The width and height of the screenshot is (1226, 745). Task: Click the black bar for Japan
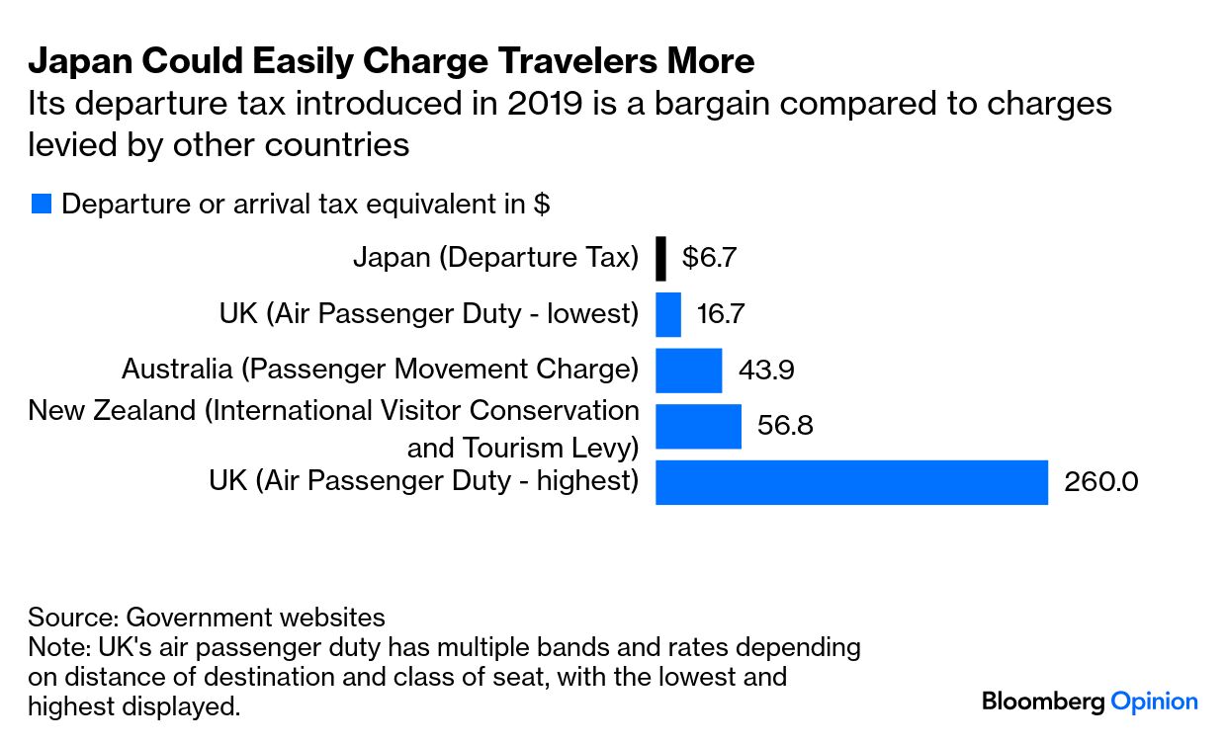tap(660, 259)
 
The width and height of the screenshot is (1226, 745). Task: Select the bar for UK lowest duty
tap(668, 314)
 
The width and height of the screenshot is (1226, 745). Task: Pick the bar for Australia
tap(688, 370)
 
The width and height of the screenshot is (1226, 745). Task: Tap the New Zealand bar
tap(698, 426)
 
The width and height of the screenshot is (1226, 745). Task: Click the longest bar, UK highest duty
tap(850, 481)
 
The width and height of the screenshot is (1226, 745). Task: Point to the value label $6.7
tap(709, 259)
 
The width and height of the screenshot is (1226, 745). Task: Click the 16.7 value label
tap(720, 314)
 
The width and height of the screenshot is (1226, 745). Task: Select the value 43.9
tap(766, 371)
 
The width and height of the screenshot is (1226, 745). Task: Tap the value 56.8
tap(785, 426)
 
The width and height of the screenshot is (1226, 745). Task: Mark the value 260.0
tap(1100, 482)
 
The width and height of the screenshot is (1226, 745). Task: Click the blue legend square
tap(41, 205)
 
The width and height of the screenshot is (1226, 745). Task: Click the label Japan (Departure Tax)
tap(495, 258)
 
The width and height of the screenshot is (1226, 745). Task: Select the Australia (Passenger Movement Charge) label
tap(380, 370)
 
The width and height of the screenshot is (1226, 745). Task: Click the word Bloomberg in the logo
tap(1043, 702)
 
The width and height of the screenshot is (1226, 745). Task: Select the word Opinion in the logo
tap(1154, 702)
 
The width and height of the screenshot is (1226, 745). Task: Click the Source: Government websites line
tap(206, 618)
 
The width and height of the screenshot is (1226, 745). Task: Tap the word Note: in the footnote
tap(59, 648)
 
